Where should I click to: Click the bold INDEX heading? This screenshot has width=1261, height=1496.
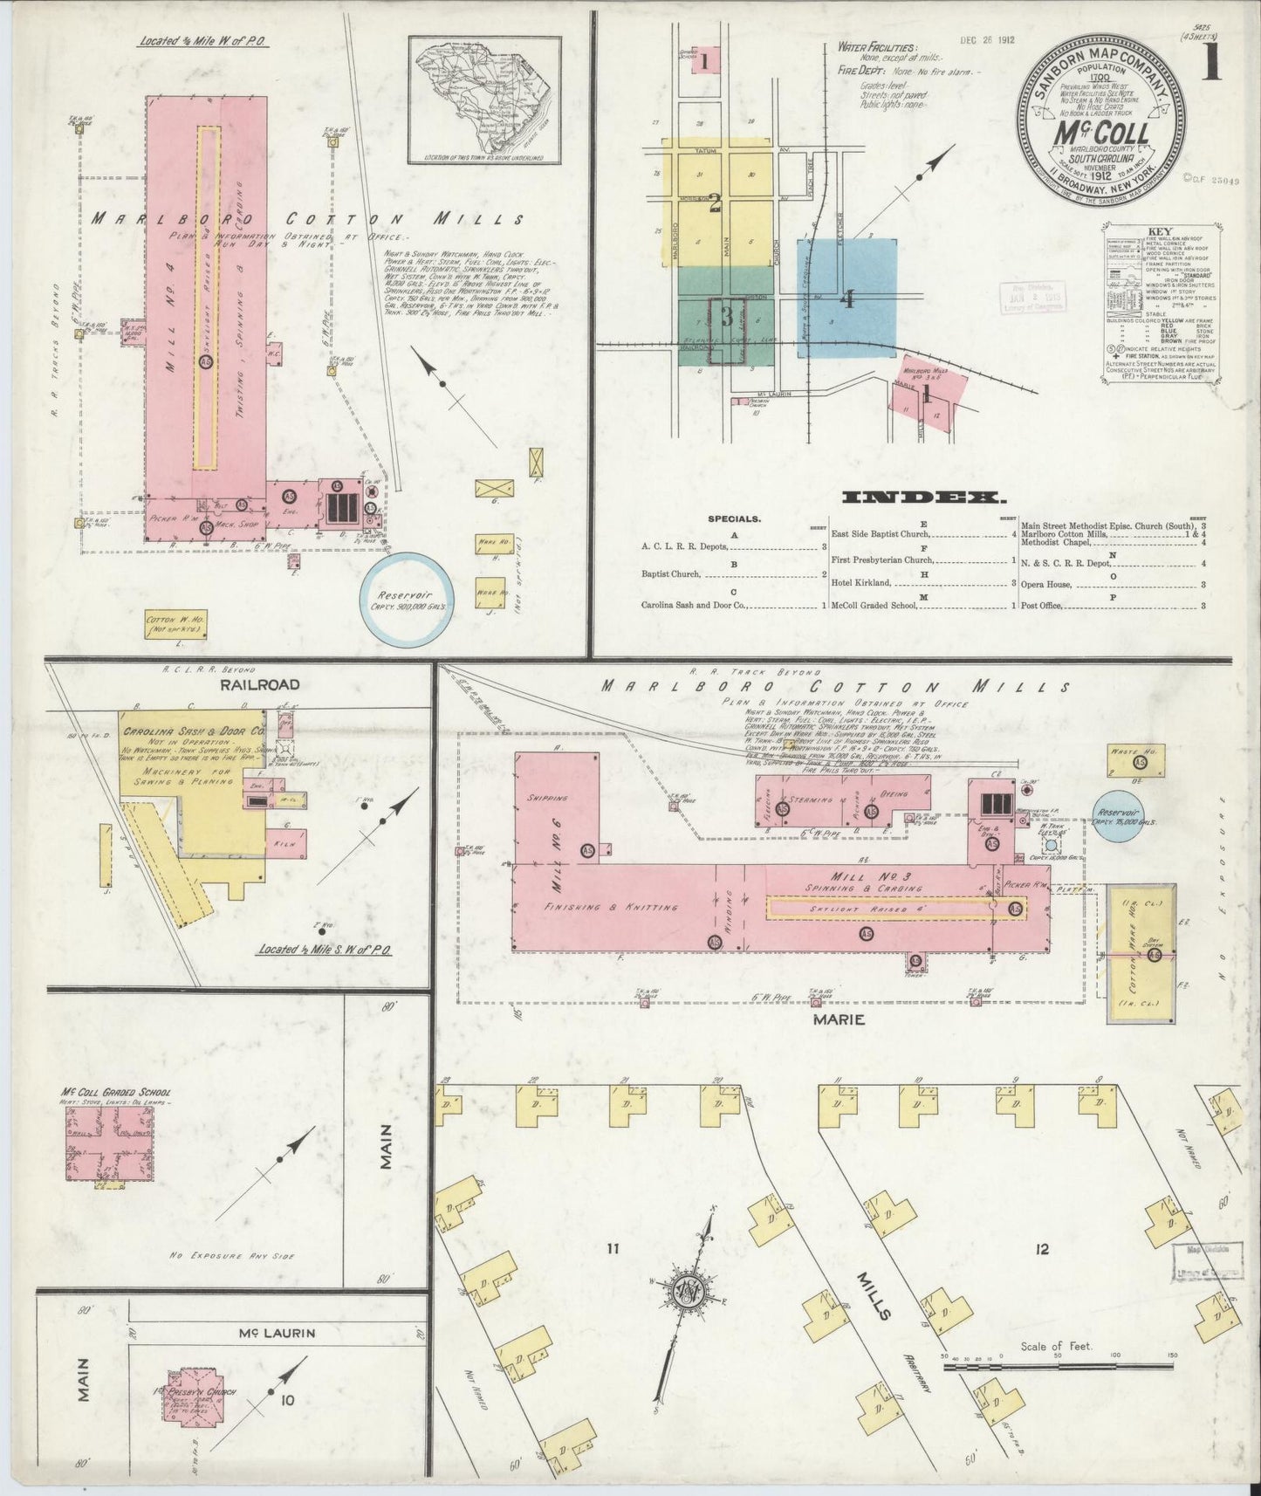coord(922,498)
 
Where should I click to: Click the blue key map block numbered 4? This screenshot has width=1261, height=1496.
coord(846,299)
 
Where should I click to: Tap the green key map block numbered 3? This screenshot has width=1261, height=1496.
coord(726,316)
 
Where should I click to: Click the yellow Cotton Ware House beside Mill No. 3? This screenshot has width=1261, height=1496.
coord(1141,954)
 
